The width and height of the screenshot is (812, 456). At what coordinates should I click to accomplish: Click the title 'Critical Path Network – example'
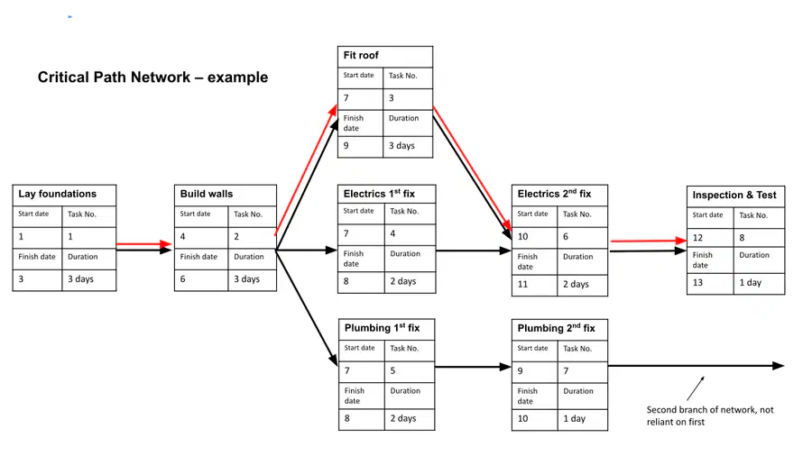coord(152,77)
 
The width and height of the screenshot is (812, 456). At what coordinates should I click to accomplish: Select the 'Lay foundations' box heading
coord(58,194)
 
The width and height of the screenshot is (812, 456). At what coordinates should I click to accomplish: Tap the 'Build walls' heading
coord(207,194)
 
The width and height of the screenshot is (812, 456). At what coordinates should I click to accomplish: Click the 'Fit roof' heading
coord(361,55)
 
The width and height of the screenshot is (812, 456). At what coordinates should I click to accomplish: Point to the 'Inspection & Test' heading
coord(734,195)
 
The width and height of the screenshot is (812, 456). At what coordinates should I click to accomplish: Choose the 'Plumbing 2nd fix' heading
coord(556,328)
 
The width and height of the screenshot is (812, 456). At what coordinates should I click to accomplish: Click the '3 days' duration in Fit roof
coord(401,146)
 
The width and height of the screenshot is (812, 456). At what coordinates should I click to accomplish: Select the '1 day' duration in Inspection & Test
coord(751,283)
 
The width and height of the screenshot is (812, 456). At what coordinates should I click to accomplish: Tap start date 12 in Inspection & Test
coord(697,238)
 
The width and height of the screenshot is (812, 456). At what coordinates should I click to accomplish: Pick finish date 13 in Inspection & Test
coord(697,283)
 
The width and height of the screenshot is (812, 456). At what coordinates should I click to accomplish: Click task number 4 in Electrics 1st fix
coord(392,233)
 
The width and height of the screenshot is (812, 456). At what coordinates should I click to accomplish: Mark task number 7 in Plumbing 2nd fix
coord(566,370)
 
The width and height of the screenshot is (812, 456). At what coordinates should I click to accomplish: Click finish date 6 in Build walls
coord(183,279)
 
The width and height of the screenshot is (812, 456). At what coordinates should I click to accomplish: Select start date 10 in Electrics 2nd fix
coord(523,237)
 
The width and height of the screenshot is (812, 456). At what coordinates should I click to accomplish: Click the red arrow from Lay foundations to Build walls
coord(144,243)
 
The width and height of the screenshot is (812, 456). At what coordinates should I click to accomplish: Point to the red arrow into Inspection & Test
coord(649,241)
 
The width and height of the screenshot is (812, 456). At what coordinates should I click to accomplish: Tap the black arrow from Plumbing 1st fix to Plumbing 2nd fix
coord(474,367)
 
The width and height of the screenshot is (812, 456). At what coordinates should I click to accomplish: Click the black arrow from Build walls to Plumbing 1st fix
coord(307,308)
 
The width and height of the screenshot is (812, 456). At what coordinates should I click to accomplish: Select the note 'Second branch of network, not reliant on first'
coord(710,415)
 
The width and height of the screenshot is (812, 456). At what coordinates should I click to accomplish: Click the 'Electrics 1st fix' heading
coord(379,194)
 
